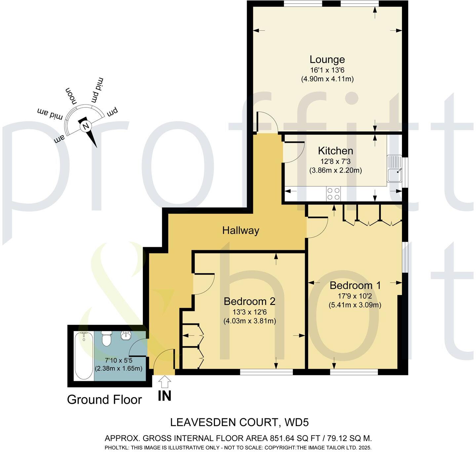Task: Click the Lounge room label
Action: coord(327,59)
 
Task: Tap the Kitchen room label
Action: coord(335,151)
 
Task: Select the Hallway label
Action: coord(240,230)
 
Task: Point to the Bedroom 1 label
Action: coord(355,285)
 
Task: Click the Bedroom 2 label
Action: coord(249,301)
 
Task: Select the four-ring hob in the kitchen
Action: coord(333,194)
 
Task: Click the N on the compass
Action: coord(86,126)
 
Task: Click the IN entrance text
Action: coord(164,396)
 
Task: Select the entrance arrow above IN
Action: coord(165,382)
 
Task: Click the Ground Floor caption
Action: coord(104,400)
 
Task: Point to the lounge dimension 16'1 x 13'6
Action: coord(327,70)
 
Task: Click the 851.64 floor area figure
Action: coord(281,438)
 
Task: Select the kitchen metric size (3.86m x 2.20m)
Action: coord(335,171)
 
